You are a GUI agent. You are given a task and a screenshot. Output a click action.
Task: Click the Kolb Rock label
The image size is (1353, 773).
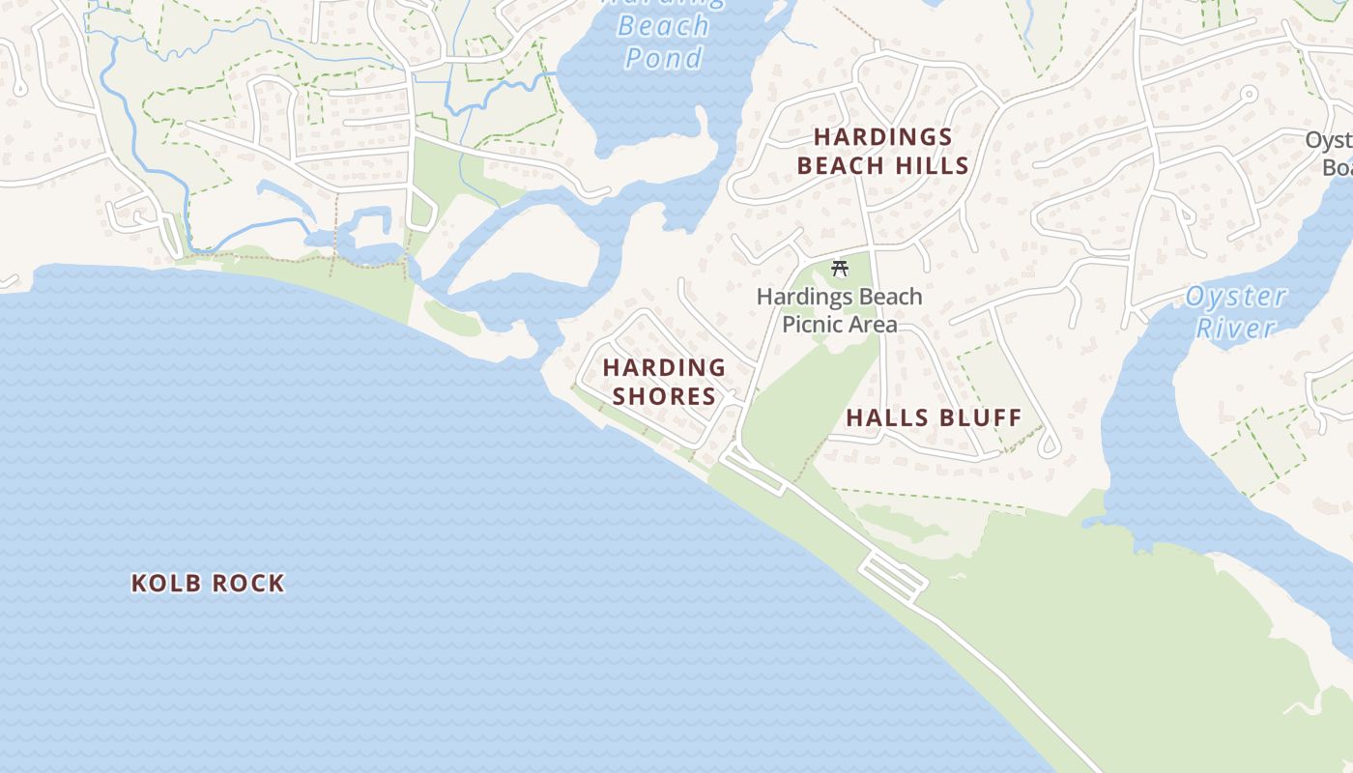[208, 583]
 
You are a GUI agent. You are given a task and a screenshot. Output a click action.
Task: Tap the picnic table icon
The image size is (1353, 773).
[840, 268]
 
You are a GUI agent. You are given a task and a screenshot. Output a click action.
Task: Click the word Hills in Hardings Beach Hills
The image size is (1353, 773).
[934, 165]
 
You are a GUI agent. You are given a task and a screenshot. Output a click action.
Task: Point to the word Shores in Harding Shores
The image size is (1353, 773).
[664, 396]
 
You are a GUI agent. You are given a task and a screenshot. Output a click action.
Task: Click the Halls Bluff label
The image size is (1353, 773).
[934, 417]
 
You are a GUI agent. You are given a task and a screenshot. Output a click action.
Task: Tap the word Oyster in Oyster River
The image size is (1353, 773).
[1236, 297]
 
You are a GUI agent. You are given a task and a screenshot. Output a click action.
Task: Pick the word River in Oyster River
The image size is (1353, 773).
[1236, 328]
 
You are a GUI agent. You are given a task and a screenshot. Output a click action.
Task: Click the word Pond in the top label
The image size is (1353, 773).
[663, 58]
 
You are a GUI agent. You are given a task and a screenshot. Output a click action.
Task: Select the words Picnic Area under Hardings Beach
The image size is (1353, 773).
[839, 324]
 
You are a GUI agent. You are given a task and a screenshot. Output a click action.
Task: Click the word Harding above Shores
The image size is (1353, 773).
[664, 367]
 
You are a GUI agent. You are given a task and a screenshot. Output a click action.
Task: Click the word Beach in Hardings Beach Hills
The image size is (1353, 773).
[837, 165]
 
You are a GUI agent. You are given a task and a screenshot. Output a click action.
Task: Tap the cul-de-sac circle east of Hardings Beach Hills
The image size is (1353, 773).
[1249, 95]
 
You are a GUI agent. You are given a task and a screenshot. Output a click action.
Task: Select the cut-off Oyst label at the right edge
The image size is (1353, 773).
[1328, 140]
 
